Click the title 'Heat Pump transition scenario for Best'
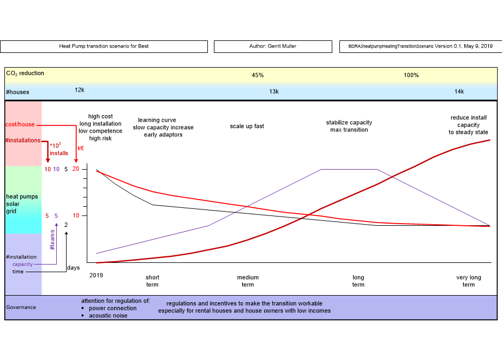click(x=104, y=46)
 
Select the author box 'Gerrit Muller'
click(x=272, y=46)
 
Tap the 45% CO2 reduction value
click(x=258, y=75)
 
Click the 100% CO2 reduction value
click(x=411, y=75)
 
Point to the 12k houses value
click(x=80, y=90)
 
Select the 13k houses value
click(x=274, y=92)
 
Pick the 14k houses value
click(x=459, y=92)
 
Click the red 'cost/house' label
click(x=20, y=124)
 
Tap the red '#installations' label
click(x=22, y=140)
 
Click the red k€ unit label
click(x=80, y=148)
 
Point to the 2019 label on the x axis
click(x=96, y=275)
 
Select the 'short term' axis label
click(x=152, y=281)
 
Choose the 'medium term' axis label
click(x=248, y=281)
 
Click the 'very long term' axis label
click(x=468, y=281)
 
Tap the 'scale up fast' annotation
click(x=247, y=126)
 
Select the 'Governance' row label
click(x=21, y=307)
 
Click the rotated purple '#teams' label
click(x=52, y=239)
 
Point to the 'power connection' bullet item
click(x=112, y=308)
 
